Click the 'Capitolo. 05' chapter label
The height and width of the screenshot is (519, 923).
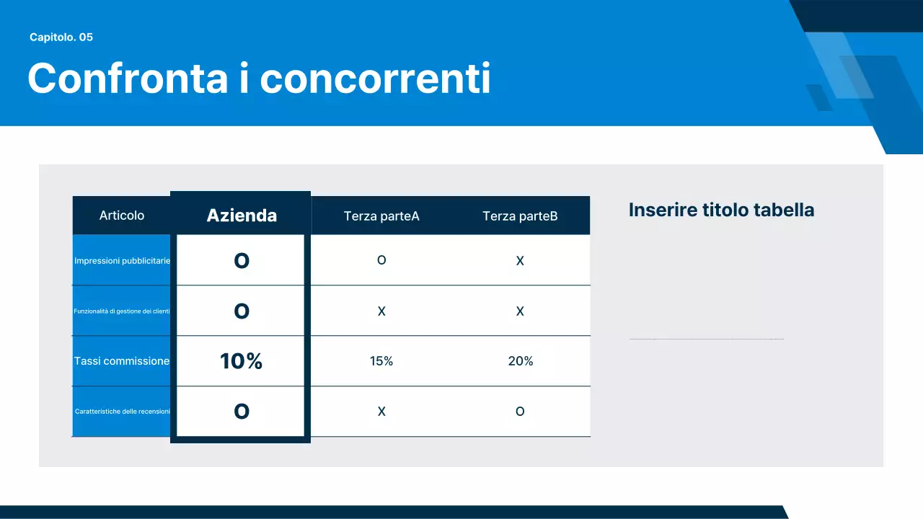click(x=61, y=37)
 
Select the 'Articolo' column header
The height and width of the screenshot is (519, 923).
click(x=122, y=216)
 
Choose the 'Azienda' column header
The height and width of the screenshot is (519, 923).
click(x=242, y=215)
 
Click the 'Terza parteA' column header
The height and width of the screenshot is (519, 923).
click(x=381, y=216)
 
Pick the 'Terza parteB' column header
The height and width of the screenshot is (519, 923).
click(x=520, y=216)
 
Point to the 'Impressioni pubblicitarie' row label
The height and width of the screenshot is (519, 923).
click(x=122, y=260)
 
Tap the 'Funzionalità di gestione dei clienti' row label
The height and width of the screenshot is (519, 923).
click(x=122, y=311)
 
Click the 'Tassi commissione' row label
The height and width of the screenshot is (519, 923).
click(x=122, y=361)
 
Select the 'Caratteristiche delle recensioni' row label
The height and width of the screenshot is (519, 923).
click(x=122, y=412)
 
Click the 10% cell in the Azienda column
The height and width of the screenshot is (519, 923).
click(x=241, y=361)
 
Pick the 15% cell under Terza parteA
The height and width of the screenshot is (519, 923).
click(x=381, y=361)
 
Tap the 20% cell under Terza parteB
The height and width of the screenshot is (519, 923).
click(x=520, y=361)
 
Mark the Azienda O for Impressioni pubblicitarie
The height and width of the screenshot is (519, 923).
click(x=242, y=260)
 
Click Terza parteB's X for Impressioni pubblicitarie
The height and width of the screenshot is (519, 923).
click(x=520, y=261)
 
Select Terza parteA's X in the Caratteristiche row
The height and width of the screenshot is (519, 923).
click(x=381, y=412)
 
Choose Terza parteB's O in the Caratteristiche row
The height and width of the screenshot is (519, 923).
click(x=520, y=412)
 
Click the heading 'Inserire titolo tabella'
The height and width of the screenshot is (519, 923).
click(x=721, y=210)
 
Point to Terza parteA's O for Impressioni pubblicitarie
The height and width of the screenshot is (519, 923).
click(x=381, y=260)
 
